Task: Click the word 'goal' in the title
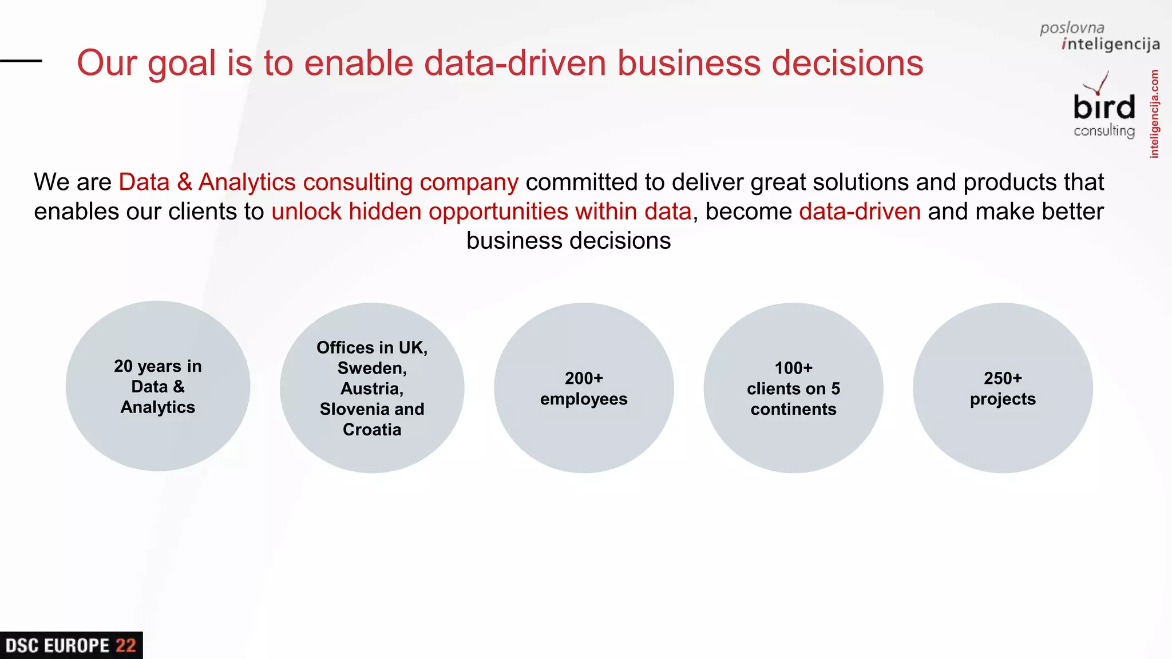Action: click(181, 64)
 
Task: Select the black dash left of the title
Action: click(21, 61)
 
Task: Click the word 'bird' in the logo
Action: click(1104, 108)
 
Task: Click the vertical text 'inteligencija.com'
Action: click(1154, 114)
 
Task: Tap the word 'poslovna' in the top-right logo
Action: click(1072, 28)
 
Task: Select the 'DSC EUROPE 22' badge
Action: click(71, 645)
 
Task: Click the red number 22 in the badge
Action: click(126, 646)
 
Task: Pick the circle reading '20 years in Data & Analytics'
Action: click(158, 386)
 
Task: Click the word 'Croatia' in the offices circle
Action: click(372, 430)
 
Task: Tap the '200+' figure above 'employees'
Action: click(584, 378)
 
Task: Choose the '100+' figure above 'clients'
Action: click(793, 368)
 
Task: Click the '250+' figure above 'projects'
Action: click(1003, 378)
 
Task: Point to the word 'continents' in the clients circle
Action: click(793, 409)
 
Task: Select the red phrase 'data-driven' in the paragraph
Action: click(860, 212)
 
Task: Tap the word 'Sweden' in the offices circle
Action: click(371, 368)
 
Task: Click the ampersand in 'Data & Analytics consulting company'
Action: click(184, 182)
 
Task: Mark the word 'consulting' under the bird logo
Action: click(1104, 131)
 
